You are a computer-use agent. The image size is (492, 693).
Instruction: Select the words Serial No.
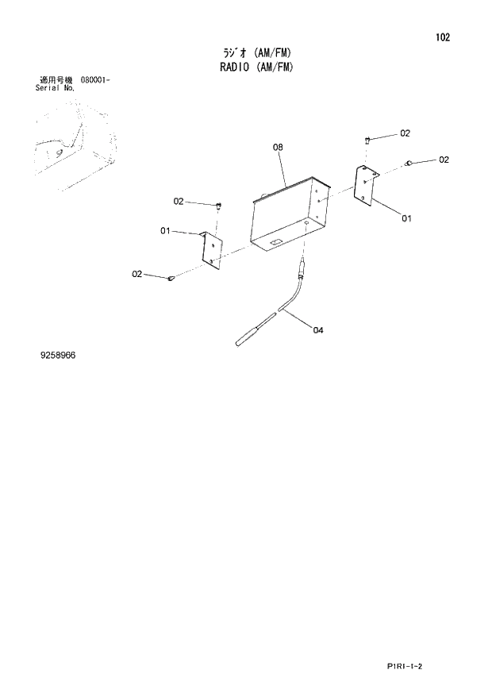pyautogui.click(x=56, y=88)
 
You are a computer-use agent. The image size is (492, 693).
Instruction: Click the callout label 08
pyautogui.click(x=278, y=147)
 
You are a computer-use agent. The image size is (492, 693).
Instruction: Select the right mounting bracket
pyautogui.click(x=365, y=185)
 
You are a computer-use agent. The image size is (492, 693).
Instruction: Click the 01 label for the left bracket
pyautogui.click(x=166, y=231)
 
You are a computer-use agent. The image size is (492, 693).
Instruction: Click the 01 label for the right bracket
pyautogui.click(x=406, y=218)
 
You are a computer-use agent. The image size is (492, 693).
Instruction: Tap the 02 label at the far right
pyautogui.click(x=444, y=160)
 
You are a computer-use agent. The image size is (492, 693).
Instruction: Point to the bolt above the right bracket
pyautogui.click(x=367, y=141)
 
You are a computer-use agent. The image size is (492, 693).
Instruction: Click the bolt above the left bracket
pyautogui.click(x=217, y=206)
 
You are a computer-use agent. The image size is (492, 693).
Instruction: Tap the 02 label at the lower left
pyautogui.click(x=137, y=274)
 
